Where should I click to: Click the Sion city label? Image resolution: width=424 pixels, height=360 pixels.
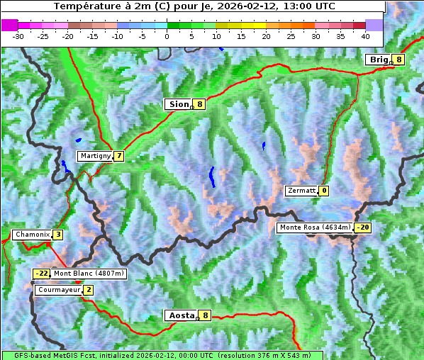pos(179,104)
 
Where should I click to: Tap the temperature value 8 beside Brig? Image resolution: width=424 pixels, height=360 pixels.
pos(399,60)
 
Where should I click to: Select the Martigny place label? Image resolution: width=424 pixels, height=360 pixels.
pos(95,156)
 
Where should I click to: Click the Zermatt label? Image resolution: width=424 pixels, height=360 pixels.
pos(301,191)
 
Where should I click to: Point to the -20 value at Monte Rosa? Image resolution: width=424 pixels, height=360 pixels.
pos(363,227)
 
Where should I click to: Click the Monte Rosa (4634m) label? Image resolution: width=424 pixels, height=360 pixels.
pos(315,227)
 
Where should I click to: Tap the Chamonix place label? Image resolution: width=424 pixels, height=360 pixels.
pos(32,235)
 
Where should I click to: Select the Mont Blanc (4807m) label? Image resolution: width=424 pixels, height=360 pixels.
pos(89,274)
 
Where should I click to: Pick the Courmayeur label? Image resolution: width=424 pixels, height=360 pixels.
pos(59,290)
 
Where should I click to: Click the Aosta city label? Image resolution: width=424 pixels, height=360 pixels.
pos(180,315)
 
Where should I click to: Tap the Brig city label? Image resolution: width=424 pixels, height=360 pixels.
pos(378,60)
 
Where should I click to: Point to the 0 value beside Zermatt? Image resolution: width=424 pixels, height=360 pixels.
pos(324,191)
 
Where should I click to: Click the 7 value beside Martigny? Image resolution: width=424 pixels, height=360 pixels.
pos(119,156)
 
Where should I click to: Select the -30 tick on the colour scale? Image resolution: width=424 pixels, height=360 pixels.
pos(19,35)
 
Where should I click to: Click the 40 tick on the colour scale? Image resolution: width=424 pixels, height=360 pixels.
pos(365,35)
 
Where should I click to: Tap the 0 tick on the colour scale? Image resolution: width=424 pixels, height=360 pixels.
pos(167,35)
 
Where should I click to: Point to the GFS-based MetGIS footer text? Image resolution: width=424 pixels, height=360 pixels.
pos(162,355)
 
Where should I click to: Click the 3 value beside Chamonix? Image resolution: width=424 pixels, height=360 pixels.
pos(58,235)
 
